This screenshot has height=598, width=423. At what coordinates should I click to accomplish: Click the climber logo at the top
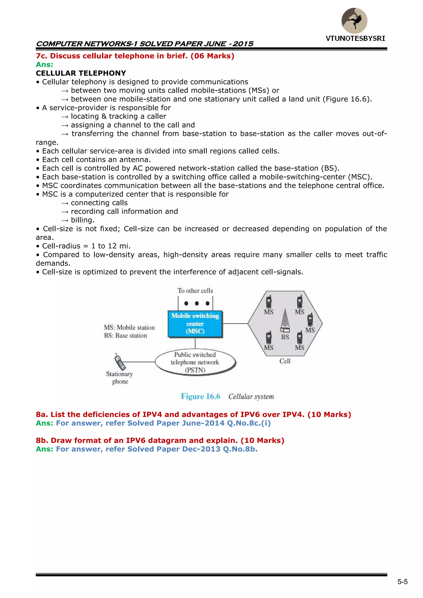point(354,21)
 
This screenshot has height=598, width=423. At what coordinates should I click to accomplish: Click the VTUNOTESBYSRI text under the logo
point(355,39)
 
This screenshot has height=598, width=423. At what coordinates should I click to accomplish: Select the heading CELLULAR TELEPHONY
point(81,73)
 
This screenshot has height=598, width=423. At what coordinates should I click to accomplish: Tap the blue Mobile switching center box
point(195,324)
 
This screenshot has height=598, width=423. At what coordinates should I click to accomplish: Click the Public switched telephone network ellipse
point(195,362)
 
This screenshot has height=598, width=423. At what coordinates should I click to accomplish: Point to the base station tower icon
point(285,320)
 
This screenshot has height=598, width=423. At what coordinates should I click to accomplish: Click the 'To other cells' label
point(195,291)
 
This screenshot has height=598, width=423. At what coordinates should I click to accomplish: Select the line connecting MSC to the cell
point(235,323)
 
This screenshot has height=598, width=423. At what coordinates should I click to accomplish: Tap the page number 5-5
point(402,582)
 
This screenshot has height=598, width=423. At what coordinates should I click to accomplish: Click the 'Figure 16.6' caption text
point(201,396)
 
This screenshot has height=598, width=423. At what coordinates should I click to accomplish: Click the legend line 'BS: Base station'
point(126,335)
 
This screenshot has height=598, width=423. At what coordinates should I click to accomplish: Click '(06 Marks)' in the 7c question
point(213,56)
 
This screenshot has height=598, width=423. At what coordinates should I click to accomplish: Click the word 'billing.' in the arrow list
point(83,220)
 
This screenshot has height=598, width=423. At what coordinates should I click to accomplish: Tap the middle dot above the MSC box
point(197,303)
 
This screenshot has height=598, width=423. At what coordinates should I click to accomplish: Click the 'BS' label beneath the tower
point(285,337)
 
